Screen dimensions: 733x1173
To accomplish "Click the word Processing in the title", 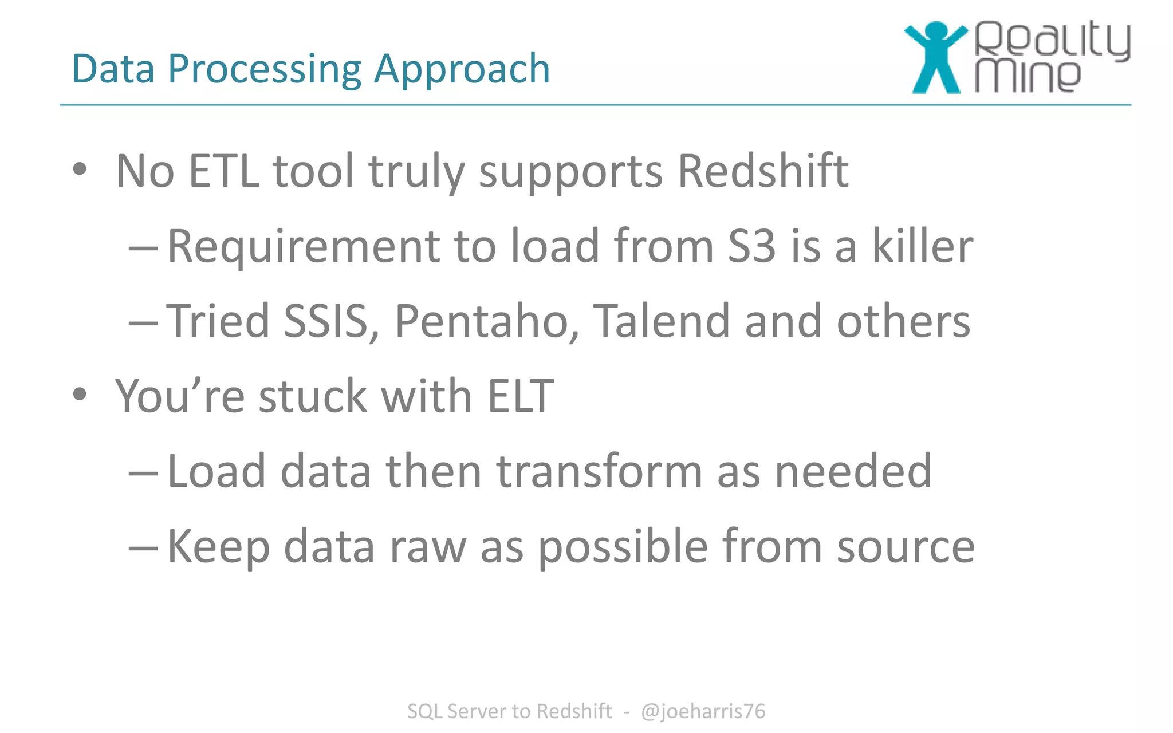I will point(264,69).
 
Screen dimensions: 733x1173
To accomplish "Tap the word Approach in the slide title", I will point(462,69).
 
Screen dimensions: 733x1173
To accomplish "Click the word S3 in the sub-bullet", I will point(751,246).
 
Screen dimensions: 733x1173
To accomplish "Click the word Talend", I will point(662,321).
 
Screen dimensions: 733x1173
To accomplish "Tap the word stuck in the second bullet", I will point(313,396).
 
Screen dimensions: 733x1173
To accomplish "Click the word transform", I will point(599,471).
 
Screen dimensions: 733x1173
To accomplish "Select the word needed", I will point(853,471).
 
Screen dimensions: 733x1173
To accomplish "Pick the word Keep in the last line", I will point(218,547).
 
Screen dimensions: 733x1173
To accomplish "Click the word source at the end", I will point(906,547).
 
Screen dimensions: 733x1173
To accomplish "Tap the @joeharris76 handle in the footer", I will point(703,711).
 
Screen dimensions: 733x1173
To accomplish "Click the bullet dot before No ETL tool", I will point(80,170).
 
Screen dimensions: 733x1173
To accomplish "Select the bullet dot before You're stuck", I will point(80,395).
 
